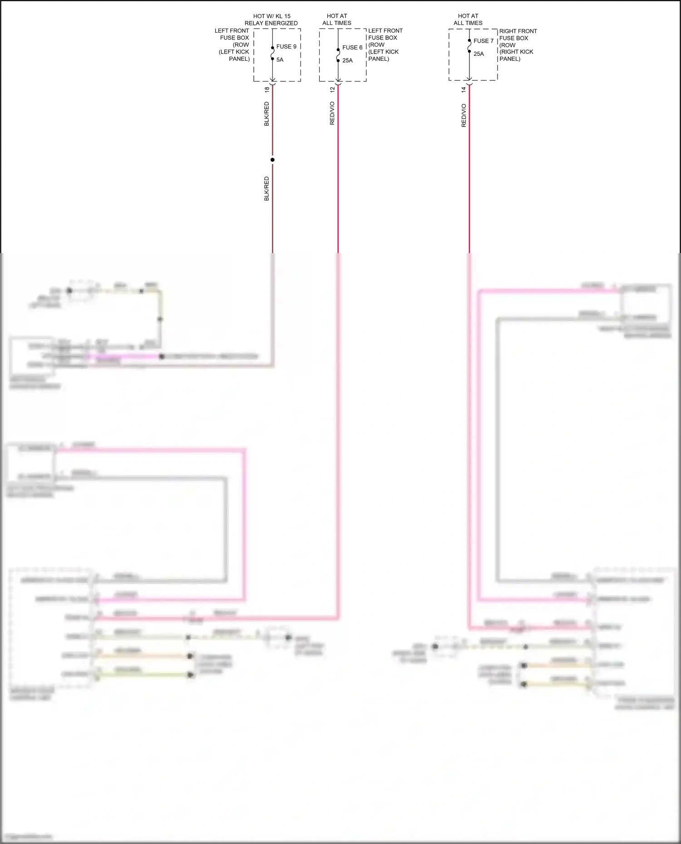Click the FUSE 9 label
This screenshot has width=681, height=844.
coord(286,47)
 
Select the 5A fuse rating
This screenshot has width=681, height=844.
coord(280,60)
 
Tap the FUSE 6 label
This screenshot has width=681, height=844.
coord(352,48)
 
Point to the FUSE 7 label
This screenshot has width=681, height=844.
coord(483,41)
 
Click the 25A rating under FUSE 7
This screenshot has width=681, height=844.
coord(479,54)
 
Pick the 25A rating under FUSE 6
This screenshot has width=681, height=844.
coord(347,61)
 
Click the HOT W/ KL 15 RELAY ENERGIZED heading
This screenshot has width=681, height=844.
coord(271,20)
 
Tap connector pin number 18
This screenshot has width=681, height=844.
coord(267,90)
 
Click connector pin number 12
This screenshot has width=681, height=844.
coord(332,90)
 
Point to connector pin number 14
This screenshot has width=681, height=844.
coord(464,90)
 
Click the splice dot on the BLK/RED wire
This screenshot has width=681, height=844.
coord(272,160)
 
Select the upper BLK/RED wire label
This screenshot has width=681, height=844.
coord(266,114)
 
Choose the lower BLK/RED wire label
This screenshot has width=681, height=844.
coord(266,189)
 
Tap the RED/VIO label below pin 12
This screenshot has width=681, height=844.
coord(332,113)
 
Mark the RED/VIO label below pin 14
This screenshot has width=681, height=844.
coord(464,116)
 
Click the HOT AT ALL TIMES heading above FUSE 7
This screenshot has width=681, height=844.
coord(468,20)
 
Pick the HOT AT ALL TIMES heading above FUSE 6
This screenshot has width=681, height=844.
coord(337,20)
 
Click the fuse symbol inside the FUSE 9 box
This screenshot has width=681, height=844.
coord(272,53)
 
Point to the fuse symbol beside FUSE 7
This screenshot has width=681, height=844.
coord(469,46)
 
